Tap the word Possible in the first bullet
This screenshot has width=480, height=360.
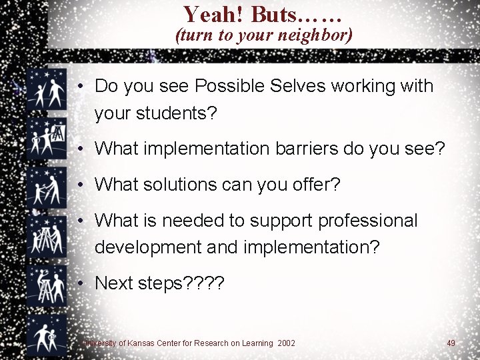tap(229, 86)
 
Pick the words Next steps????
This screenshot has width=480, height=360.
tap(160, 283)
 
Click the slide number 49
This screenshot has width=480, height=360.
tap(451, 343)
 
